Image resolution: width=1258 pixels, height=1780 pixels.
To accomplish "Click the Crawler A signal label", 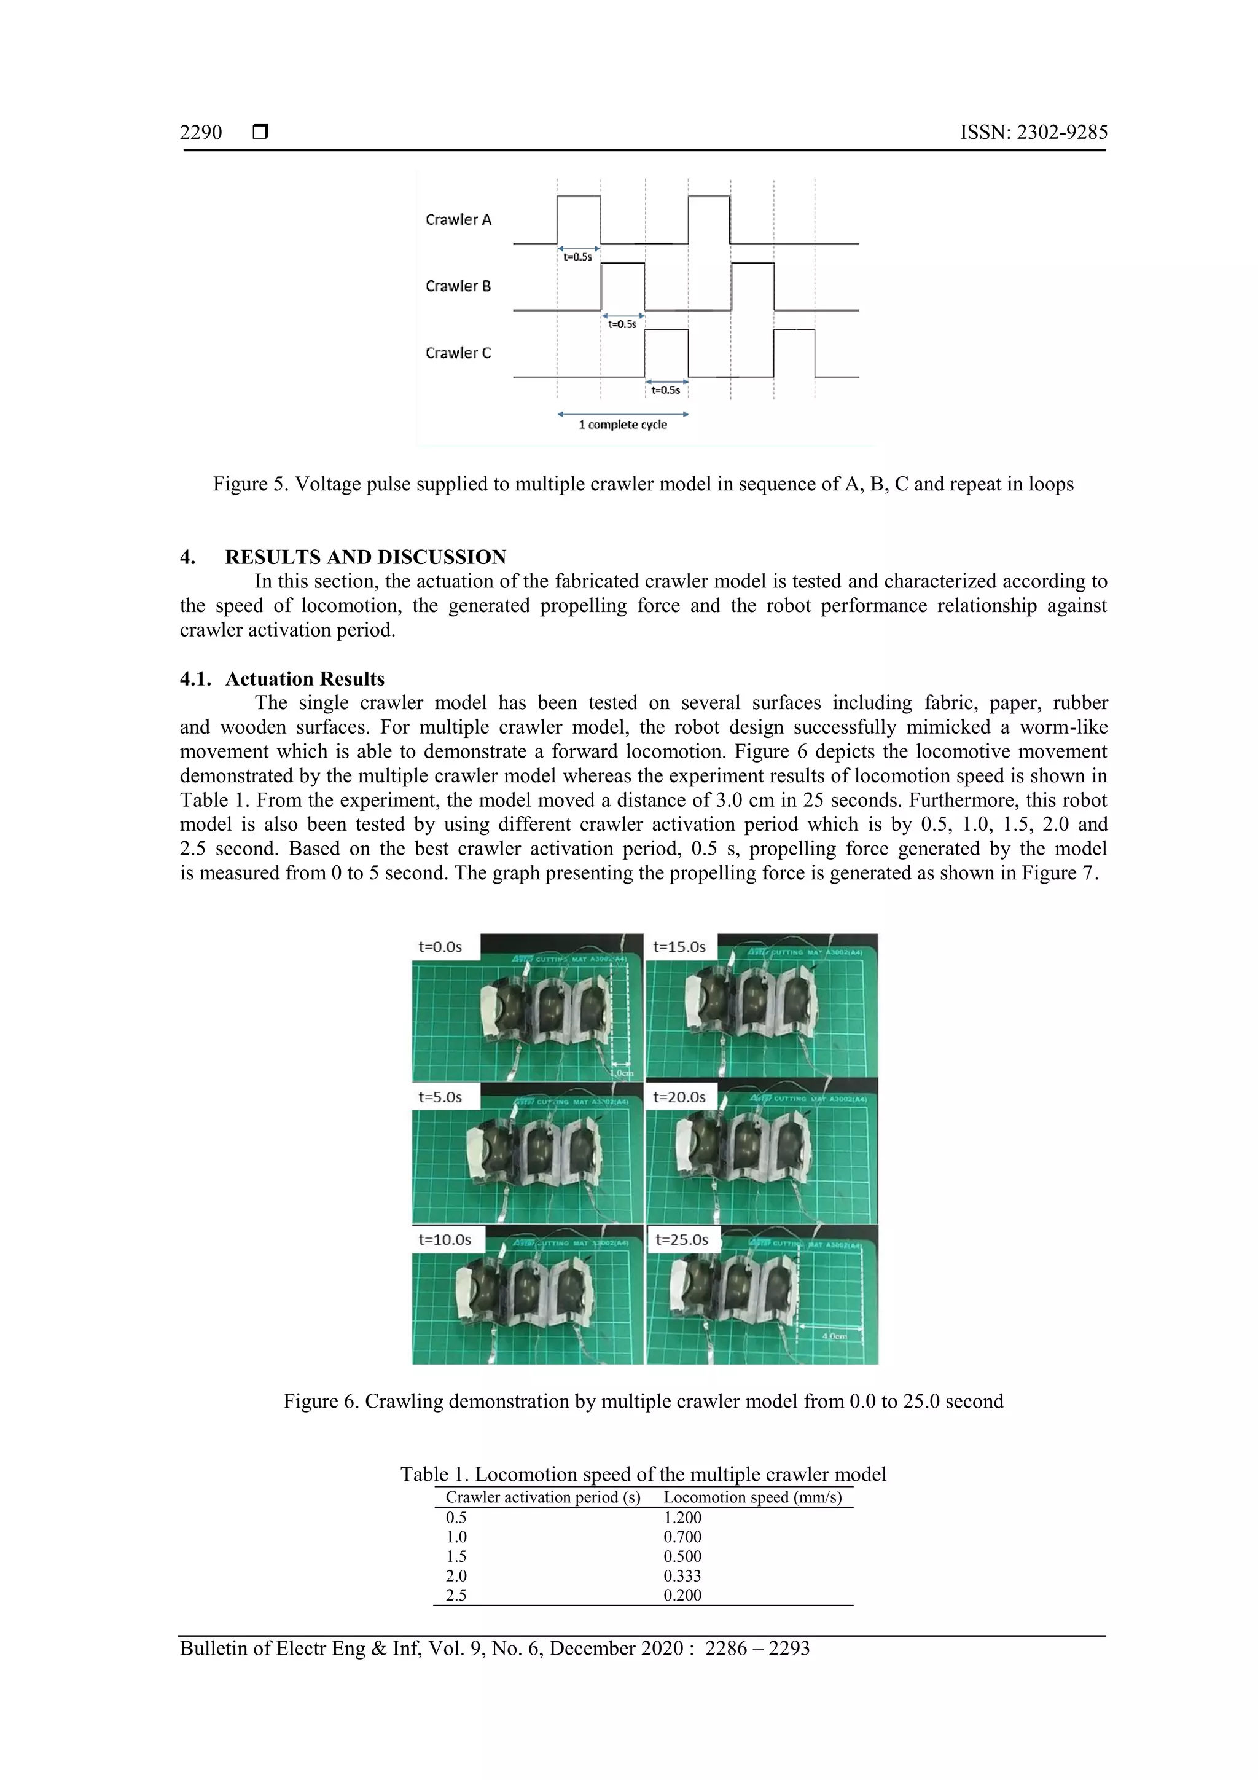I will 458,220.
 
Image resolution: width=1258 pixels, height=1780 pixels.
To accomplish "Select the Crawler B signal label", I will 458,287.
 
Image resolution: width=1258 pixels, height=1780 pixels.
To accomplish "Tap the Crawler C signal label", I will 458,353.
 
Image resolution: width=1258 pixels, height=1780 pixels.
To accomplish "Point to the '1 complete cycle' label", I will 622,425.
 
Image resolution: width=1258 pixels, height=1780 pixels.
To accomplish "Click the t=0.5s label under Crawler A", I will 577,257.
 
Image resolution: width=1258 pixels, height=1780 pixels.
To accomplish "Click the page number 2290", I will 201,133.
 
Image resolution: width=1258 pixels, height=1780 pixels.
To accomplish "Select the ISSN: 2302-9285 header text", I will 1033,133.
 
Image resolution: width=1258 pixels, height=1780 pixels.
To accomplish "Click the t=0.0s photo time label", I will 440,947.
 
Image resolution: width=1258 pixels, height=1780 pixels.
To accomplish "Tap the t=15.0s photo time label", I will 679,947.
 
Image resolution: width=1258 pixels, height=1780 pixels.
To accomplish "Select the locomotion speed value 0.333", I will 682,1576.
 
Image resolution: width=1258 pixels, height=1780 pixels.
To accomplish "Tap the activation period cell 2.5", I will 456,1596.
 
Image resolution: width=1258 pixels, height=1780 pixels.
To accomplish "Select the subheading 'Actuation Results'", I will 305,679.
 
